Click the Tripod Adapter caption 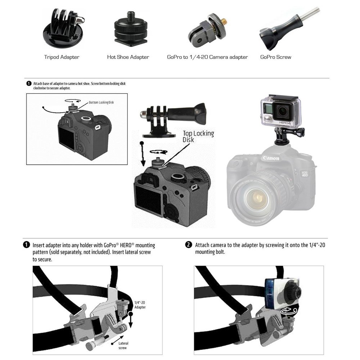click(x=62, y=57)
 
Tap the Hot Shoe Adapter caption click(x=128, y=57)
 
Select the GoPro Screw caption click(x=275, y=57)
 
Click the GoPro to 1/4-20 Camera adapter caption click(x=207, y=57)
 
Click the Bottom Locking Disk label click(x=101, y=102)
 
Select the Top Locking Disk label click(x=198, y=136)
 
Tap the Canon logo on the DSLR click(x=271, y=158)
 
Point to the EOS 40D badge click(x=305, y=174)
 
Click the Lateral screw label click(x=123, y=346)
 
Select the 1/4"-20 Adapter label click(x=140, y=305)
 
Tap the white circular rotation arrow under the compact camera click(x=289, y=311)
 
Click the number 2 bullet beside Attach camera click(x=188, y=245)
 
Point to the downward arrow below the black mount click(x=143, y=154)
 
